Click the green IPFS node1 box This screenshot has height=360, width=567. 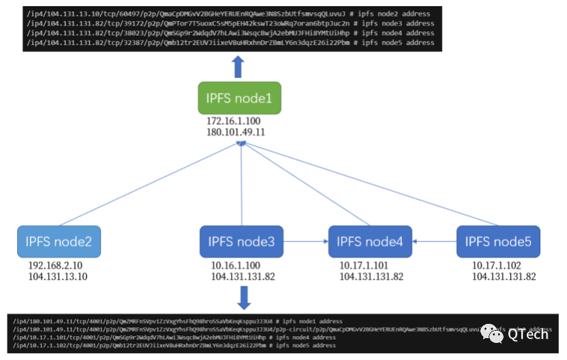(239, 98)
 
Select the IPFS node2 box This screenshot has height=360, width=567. (59, 241)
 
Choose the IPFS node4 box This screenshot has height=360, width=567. (370, 241)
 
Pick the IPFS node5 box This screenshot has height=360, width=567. (498, 241)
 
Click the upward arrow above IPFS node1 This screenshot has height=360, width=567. (238, 67)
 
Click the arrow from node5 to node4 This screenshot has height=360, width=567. (434, 241)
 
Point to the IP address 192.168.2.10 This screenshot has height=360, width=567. (55, 266)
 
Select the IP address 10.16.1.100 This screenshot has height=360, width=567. (236, 266)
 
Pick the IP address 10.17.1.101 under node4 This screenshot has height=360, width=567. (365, 266)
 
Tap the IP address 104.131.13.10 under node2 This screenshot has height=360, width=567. (58, 276)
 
